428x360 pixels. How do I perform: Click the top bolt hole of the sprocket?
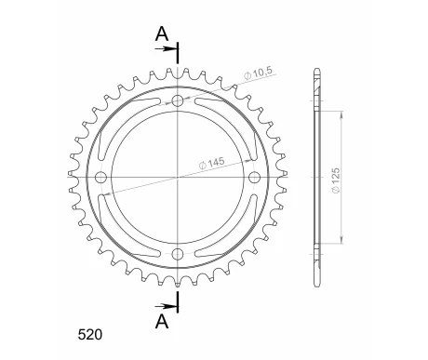[x=178, y=100]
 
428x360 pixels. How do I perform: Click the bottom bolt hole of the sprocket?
[x=178, y=254]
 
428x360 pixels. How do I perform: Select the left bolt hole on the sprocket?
[x=100, y=177]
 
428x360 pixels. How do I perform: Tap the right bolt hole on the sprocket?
[x=254, y=177]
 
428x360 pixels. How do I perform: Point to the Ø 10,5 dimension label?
[x=258, y=73]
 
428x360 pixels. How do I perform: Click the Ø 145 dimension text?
[x=211, y=163]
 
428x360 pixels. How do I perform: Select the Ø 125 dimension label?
[x=336, y=180]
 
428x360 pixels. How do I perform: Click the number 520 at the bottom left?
[x=89, y=335]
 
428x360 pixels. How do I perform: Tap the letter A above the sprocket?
[x=162, y=33]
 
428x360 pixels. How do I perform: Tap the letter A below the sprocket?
[x=162, y=322]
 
